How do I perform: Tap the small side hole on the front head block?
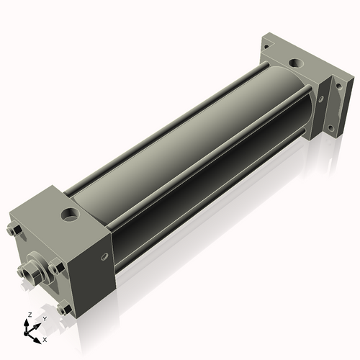coord(107,256)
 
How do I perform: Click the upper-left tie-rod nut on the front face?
coord(15,230)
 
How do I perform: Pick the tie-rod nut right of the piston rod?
coord(58,268)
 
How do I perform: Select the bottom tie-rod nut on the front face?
coord(66,308)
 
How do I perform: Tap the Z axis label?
coord(29,315)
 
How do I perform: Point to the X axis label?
coord(45,338)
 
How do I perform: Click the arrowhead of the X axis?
coord(38,336)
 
